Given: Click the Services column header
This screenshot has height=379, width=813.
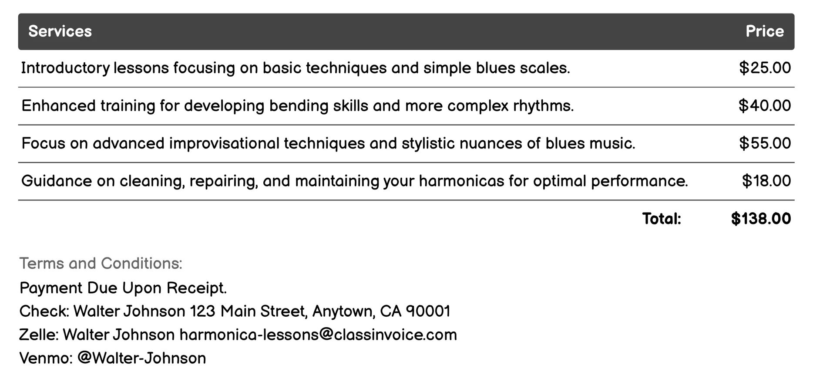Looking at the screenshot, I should pos(60,31).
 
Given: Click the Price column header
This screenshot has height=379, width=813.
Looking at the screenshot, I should pos(764,31).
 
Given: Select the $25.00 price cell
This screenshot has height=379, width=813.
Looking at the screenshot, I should pos(765,68).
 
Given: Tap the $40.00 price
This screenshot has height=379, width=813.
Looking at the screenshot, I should pos(765,106).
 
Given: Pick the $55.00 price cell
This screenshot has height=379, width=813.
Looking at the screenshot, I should pos(765,143).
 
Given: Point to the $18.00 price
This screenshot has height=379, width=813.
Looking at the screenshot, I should pos(766,181).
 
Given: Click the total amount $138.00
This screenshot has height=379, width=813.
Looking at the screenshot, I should pos(761,219).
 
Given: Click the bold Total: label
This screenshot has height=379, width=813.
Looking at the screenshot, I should pos(662,219).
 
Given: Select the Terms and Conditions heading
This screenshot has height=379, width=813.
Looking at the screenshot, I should pos(101,264).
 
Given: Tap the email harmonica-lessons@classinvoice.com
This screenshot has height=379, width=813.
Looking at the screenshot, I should pos(318,335).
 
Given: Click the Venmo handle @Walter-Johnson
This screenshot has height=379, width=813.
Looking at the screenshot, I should pos(141,359).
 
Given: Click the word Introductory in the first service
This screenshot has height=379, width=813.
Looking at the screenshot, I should pos(65,68).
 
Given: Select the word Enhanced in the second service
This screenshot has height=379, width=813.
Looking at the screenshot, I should pos(58,106).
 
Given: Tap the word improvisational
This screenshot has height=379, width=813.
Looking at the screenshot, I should pos(224,143).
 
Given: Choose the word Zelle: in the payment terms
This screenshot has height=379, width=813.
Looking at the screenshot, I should pos(39,335).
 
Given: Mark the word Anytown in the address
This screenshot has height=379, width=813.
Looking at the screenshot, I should pos(343,312).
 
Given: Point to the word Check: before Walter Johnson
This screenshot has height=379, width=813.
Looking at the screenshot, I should pos(44,311).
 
